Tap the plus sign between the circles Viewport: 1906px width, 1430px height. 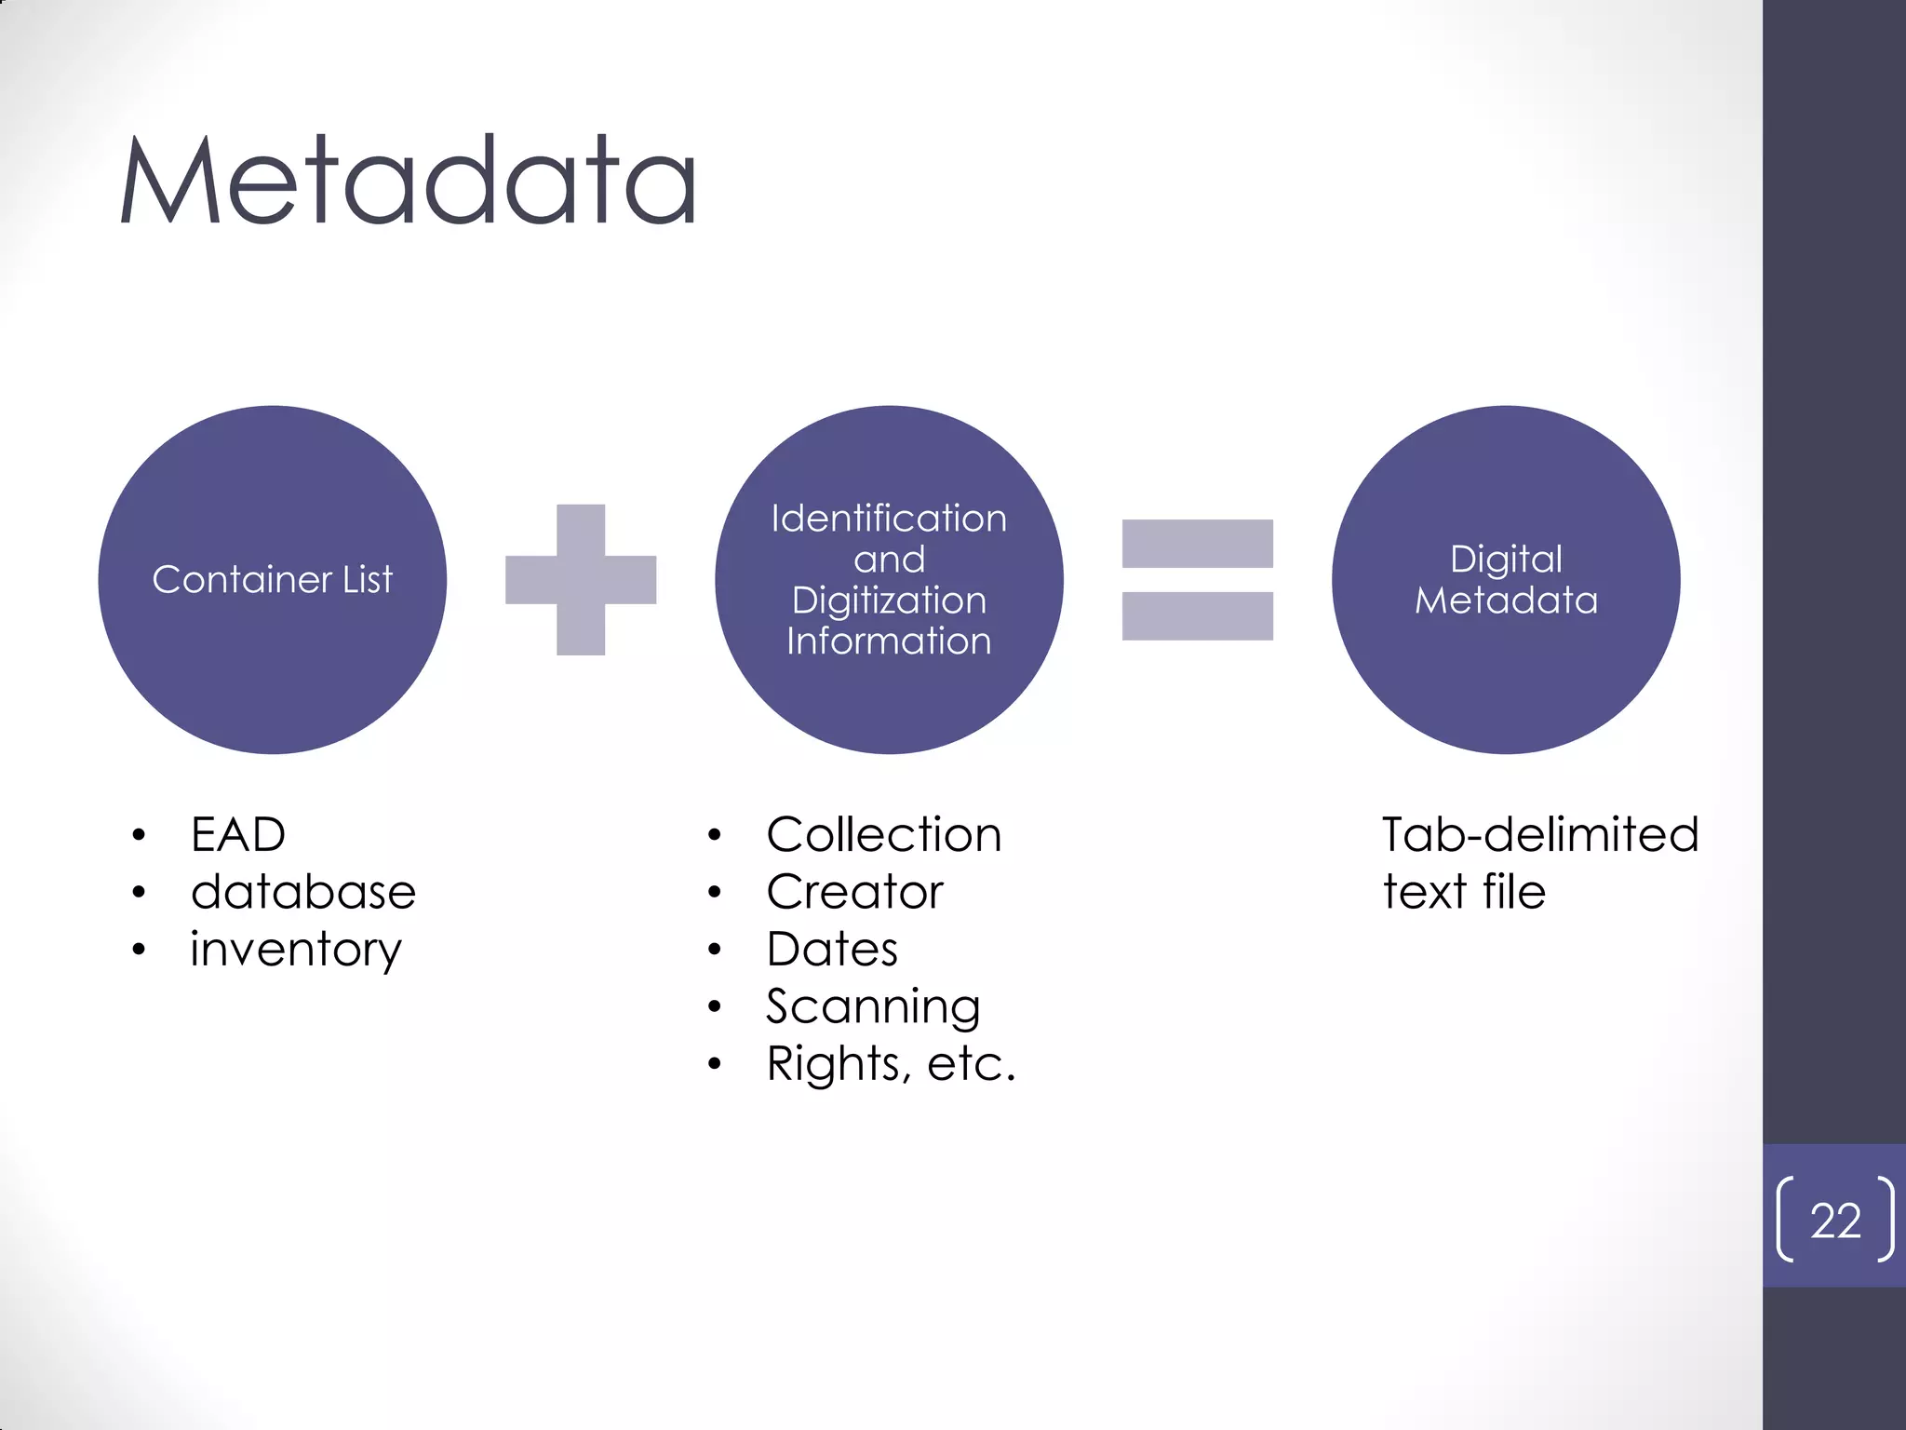(581, 579)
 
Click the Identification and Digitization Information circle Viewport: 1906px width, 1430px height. (889, 689)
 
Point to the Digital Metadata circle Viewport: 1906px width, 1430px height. (1505, 670)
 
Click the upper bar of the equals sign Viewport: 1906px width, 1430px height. (1197, 544)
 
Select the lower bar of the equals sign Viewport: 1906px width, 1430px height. (1197, 616)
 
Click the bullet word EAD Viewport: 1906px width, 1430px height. (238, 834)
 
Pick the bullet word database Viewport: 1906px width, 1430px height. (303, 892)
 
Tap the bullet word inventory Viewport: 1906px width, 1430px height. (296, 950)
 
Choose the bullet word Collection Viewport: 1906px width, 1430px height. (884, 834)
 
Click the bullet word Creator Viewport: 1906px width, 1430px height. (854, 892)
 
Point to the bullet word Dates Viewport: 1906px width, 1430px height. (832, 950)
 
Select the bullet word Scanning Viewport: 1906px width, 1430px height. (873, 1006)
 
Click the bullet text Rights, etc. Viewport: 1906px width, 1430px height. (891, 1063)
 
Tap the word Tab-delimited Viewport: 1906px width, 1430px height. (1540, 834)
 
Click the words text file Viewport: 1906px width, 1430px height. (1464, 892)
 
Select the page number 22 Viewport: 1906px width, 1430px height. (1835, 1221)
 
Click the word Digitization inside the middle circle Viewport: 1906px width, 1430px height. (889, 600)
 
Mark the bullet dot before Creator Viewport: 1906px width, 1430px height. (714, 893)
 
